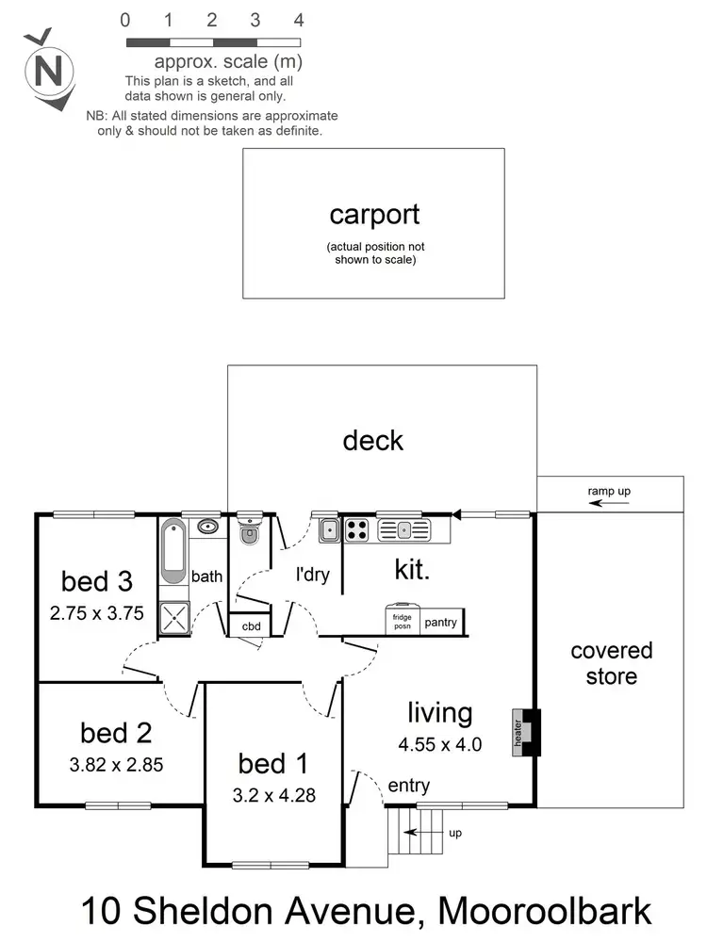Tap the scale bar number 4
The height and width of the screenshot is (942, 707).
tap(299, 19)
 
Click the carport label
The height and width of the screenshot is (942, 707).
tap(374, 215)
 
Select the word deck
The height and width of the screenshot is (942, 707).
tap(373, 440)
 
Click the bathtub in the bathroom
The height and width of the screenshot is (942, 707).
tap(174, 551)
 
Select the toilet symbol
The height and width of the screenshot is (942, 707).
tap(249, 535)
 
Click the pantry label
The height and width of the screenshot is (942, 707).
tap(440, 623)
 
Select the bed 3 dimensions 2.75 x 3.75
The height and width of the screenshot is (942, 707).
tap(96, 612)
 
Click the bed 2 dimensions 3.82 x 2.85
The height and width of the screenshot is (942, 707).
tap(116, 765)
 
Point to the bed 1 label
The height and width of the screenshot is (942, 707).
tap(272, 762)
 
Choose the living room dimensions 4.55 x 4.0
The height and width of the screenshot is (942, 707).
tap(440, 744)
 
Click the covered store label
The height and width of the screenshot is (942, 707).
tap(611, 663)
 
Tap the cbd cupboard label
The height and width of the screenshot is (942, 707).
tap(251, 626)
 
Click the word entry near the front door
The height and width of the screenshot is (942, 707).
tap(408, 786)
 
